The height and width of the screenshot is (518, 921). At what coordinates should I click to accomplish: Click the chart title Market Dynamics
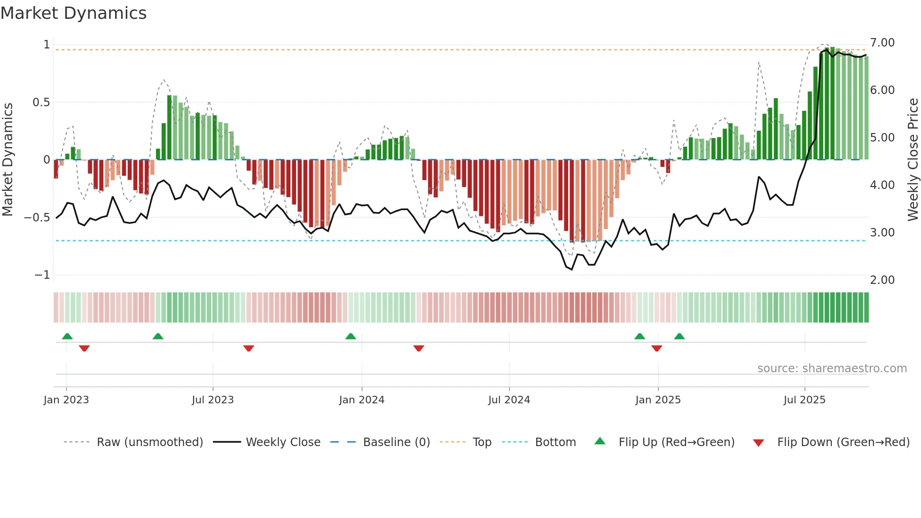74,13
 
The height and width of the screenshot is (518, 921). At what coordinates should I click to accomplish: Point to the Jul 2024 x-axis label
509,400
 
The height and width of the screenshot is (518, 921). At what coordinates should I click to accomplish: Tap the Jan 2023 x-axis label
66,400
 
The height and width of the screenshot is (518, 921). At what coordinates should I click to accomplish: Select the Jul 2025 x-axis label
804,400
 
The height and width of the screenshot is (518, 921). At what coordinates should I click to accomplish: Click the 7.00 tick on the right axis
882,43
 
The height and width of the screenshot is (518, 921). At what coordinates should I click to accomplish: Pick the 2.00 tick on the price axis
882,280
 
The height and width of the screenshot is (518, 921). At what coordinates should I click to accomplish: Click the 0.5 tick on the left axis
41,102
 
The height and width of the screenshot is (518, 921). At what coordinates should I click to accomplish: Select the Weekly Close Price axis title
913,160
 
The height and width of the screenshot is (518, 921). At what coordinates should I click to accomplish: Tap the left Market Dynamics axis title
8,160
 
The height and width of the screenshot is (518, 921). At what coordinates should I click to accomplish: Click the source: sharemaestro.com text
832,369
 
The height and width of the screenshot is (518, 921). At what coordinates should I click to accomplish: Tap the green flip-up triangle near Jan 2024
351,337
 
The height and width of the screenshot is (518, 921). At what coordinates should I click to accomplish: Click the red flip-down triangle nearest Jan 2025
657,348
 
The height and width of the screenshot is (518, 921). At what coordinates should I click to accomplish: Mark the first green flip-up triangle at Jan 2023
67,337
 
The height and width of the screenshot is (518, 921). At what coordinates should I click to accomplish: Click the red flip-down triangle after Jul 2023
249,348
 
